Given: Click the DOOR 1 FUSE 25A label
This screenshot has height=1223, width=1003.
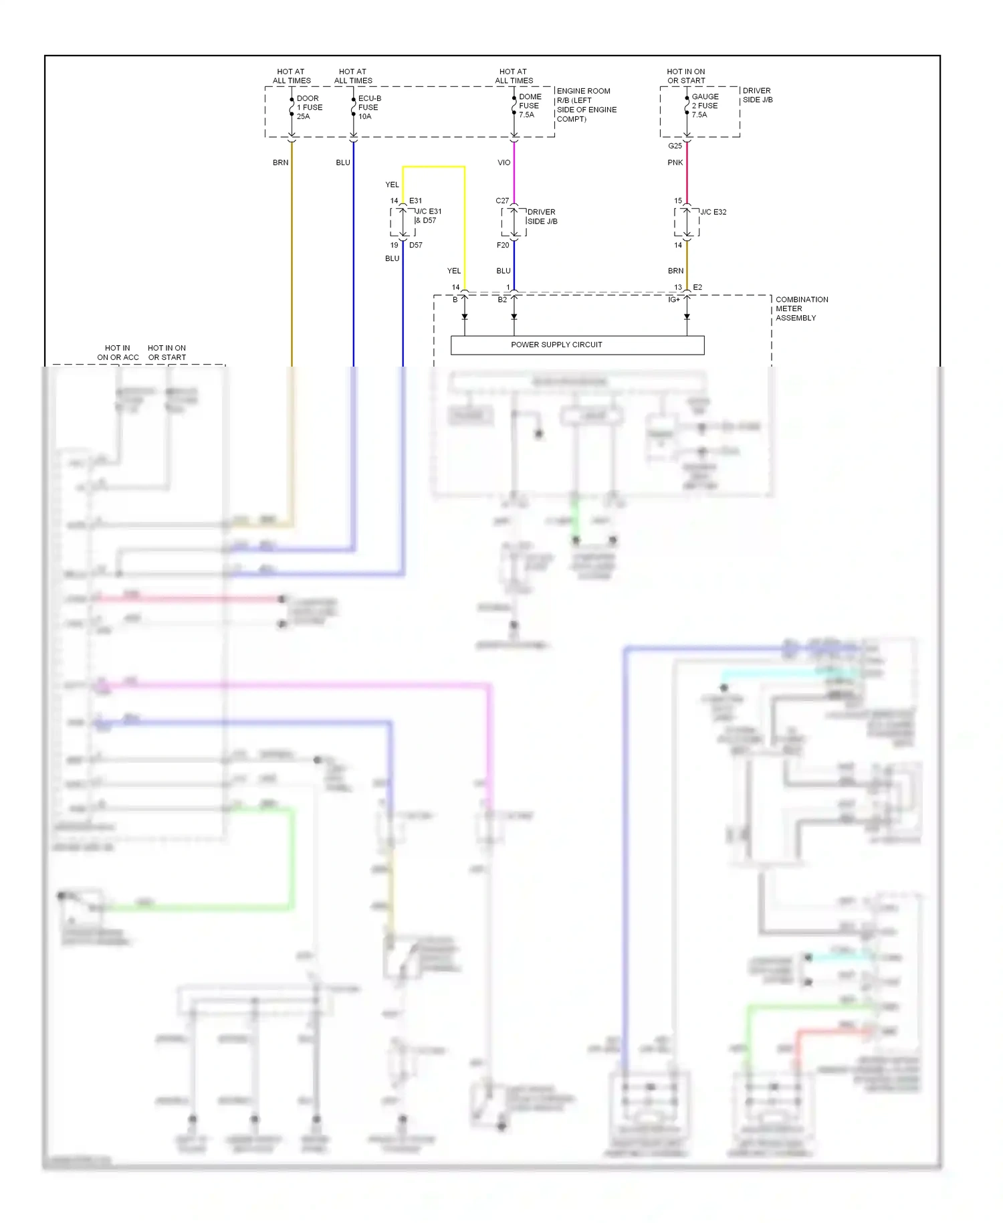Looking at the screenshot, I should click(309, 107).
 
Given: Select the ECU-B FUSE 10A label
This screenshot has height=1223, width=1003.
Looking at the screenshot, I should click(369, 107).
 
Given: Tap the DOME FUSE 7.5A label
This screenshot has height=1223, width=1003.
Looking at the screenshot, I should click(530, 106).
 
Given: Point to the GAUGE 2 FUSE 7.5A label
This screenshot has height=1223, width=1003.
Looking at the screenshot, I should click(705, 106).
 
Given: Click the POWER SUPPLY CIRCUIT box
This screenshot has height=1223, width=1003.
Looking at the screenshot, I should click(577, 345).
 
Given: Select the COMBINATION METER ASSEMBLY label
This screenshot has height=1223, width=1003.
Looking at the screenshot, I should click(801, 308).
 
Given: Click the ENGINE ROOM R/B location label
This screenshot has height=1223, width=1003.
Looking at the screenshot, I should click(586, 105).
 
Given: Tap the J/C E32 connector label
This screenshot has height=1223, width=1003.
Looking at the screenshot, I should click(713, 212).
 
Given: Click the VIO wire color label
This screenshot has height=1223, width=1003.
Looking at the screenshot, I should click(504, 163).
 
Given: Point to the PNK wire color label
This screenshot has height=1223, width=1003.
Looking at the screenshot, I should click(675, 163).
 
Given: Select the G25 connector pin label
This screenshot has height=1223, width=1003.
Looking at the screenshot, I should click(675, 146).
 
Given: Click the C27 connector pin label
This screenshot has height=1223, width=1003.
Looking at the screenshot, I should click(502, 201).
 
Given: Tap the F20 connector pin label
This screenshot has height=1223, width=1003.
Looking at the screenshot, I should click(503, 245).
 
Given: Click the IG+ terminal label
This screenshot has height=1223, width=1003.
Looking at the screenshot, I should click(673, 300).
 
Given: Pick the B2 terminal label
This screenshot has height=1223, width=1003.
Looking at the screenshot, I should click(502, 300).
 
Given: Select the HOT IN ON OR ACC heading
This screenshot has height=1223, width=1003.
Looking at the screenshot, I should click(118, 353).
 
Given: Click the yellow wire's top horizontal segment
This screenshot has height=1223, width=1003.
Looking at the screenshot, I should click(433, 167).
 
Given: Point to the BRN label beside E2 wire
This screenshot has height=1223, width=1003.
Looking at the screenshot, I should click(675, 271).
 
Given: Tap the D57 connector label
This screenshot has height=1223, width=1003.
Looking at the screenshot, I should click(416, 245).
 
